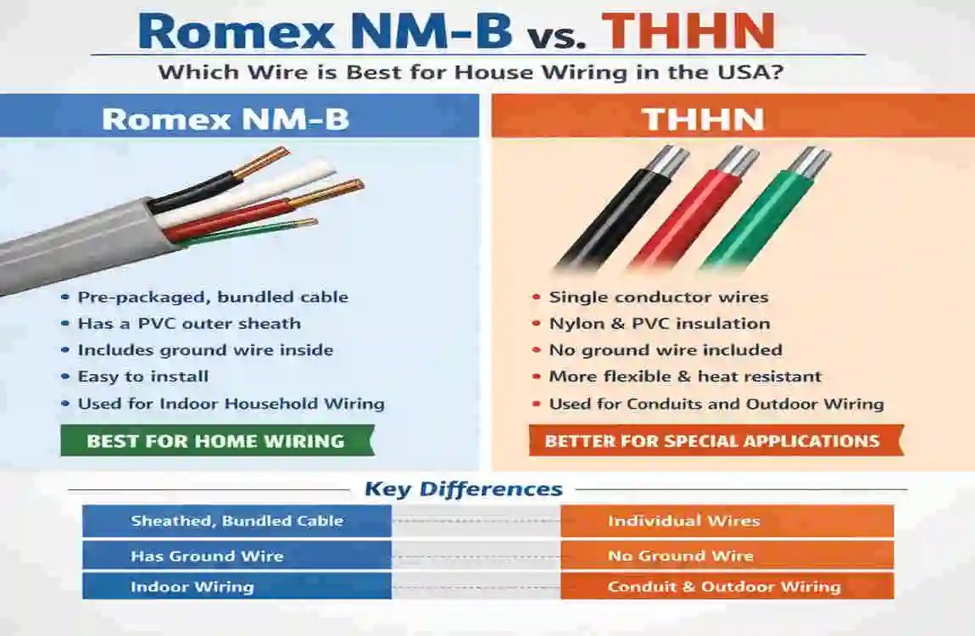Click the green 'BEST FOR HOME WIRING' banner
216,441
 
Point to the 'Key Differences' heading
463,489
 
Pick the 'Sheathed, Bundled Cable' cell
237,521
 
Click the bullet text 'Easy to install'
142,377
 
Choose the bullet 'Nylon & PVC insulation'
659,323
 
